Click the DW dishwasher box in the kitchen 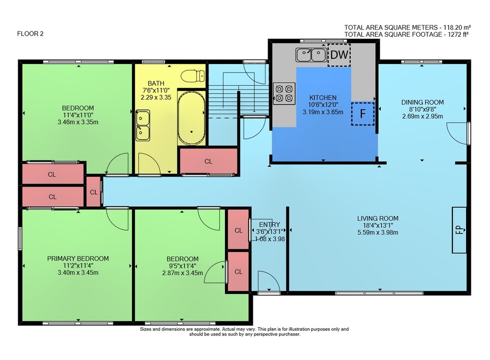(x=339, y=55)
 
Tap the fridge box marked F (x=363, y=114)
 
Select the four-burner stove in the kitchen (x=284, y=94)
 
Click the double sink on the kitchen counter (x=311, y=55)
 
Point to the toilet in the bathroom (x=193, y=76)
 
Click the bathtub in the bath (x=191, y=118)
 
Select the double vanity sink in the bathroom (x=143, y=125)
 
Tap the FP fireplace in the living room (x=459, y=230)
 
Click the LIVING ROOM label (x=377, y=218)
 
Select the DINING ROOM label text (x=422, y=102)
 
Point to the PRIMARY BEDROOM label (x=78, y=259)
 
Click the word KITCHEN (x=323, y=97)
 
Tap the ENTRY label (x=269, y=224)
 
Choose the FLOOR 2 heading (x=30, y=34)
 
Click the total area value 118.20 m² (x=455, y=27)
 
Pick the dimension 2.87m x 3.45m (x=182, y=273)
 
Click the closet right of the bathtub (x=209, y=161)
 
